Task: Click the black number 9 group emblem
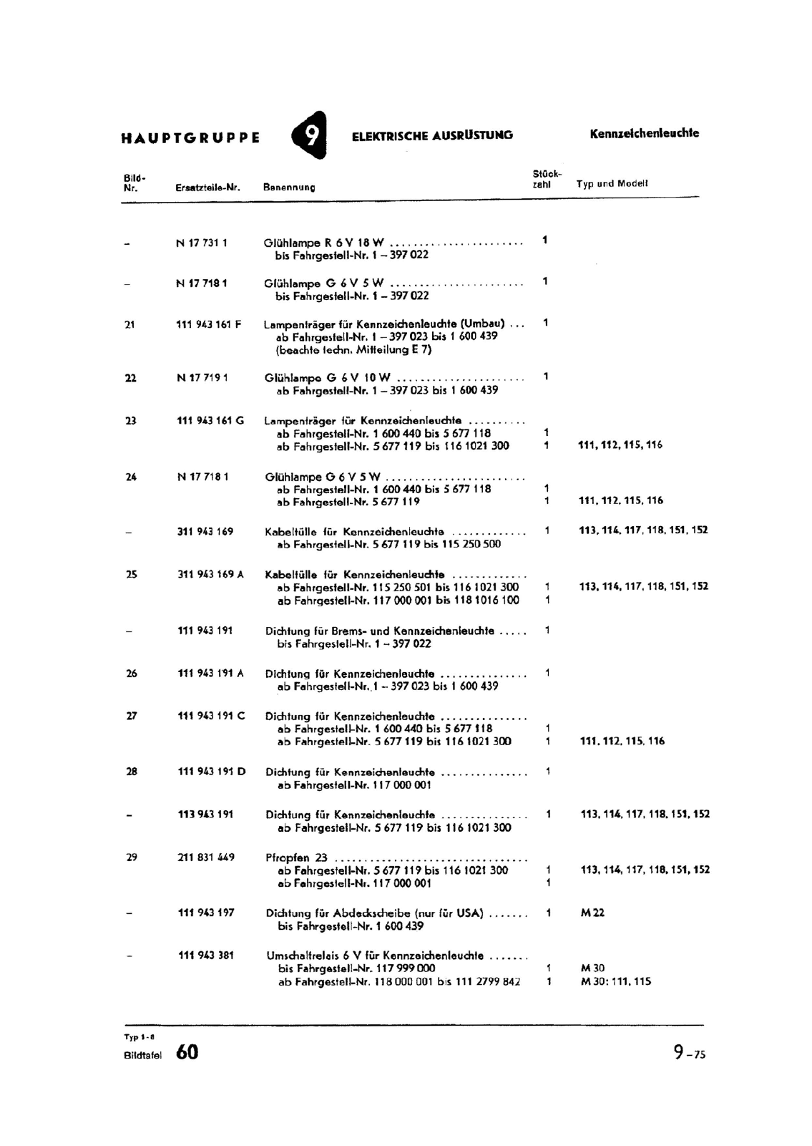pyautogui.click(x=310, y=135)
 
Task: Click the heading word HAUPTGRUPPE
pyautogui.click(x=190, y=137)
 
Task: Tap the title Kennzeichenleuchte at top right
pyautogui.click(x=644, y=133)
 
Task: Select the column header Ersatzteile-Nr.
pyautogui.click(x=207, y=188)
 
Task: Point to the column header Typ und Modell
pyautogui.click(x=612, y=183)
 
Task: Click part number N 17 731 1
pyautogui.click(x=202, y=243)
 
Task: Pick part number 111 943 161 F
pyautogui.click(x=209, y=324)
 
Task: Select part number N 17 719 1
pyautogui.click(x=202, y=377)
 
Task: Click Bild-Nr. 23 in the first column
pyautogui.click(x=131, y=421)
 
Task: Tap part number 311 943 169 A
pyautogui.click(x=211, y=574)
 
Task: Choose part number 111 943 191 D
pyautogui.click(x=212, y=772)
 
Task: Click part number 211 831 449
pyautogui.click(x=206, y=857)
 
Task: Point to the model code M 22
pyautogui.click(x=592, y=913)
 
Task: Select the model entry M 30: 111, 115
pyautogui.click(x=616, y=981)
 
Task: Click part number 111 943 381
pyautogui.click(x=206, y=955)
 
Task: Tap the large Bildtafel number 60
pyautogui.click(x=187, y=1052)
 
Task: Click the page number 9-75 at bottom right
pyautogui.click(x=689, y=1052)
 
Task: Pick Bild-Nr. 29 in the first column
pyautogui.click(x=132, y=857)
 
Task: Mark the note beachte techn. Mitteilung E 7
pyautogui.click(x=354, y=350)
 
